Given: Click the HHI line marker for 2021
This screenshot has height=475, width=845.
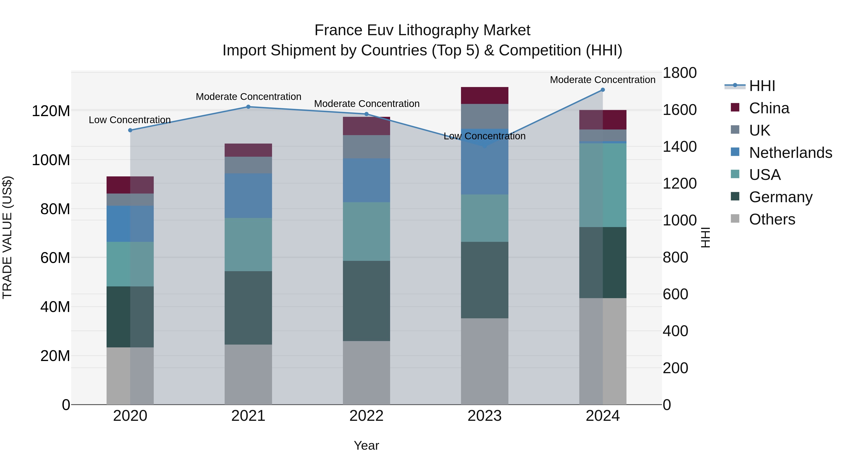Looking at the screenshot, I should pyautogui.click(x=248, y=107).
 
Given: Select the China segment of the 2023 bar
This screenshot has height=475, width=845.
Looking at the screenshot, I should pyautogui.click(x=484, y=95).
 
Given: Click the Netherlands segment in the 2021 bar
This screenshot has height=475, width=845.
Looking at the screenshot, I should pyautogui.click(x=248, y=196).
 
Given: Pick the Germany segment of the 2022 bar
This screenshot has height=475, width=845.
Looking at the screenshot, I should pyautogui.click(x=366, y=301).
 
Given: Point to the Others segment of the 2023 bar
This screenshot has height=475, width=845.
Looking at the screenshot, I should pyautogui.click(x=484, y=361).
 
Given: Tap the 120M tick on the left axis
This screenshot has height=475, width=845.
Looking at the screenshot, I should pyautogui.click(x=51, y=111).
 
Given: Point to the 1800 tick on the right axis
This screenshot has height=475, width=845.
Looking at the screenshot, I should pyautogui.click(x=680, y=73).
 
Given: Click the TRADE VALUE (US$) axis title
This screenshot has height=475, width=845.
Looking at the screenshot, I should pyautogui.click(x=8, y=238).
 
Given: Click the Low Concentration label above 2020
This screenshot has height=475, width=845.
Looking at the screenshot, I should pyautogui.click(x=130, y=120).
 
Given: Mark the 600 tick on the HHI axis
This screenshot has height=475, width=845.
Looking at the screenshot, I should pyautogui.click(x=675, y=294).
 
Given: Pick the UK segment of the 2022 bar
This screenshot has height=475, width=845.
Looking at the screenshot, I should pyautogui.click(x=366, y=147).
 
